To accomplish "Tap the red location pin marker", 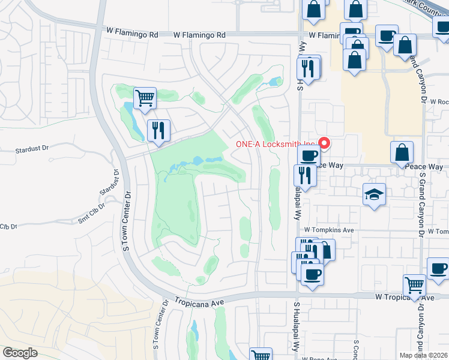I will tap(325, 143).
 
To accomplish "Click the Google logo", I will tap(20, 353).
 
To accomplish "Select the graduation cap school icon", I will tap(374, 194).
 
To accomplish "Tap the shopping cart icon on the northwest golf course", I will tap(145, 97).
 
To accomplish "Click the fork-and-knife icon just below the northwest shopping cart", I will tap(158, 130).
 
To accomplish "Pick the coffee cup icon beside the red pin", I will tap(309, 157).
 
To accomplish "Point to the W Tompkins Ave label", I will tap(329, 230).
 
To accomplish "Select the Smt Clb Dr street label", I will tap(91, 211).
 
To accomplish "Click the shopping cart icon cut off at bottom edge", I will tap(261, 355).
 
